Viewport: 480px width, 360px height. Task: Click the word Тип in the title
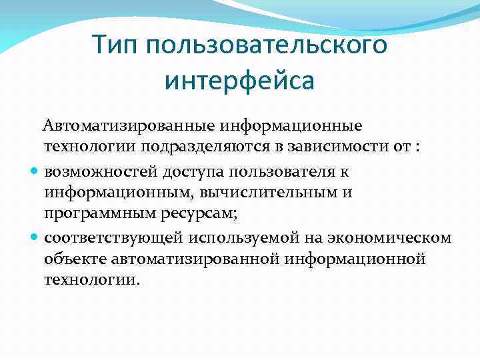(x=117, y=45)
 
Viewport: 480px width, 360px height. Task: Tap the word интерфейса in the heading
(x=239, y=81)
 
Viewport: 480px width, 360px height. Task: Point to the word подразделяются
(x=210, y=147)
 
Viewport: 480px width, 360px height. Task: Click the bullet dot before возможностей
(x=35, y=171)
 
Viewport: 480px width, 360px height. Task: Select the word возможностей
(x=100, y=171)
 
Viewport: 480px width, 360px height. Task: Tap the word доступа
(x=191, y=171)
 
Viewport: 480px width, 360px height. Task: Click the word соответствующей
(x=113, y=238)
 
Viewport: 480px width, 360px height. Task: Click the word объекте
(x=71, y=259)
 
